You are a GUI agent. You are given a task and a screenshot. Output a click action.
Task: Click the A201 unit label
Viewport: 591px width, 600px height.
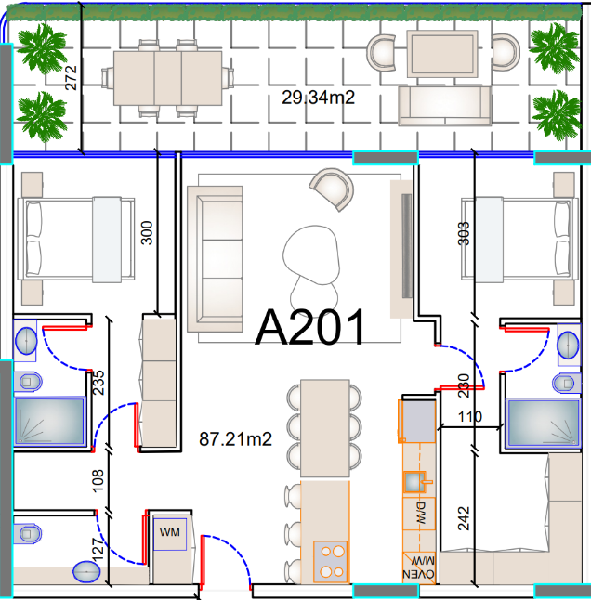click(309, 328)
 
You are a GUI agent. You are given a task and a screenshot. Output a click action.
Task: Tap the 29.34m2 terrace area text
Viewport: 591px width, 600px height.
click(318, 98)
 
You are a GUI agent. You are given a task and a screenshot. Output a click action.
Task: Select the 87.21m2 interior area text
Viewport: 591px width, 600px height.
click(235, 439)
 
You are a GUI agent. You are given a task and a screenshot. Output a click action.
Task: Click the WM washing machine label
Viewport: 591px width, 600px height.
click(169, 532)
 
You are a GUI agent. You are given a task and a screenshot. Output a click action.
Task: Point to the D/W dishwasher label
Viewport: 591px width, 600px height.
click(420, 513)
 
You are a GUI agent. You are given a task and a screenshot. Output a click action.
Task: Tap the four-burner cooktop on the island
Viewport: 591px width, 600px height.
click(330, 561)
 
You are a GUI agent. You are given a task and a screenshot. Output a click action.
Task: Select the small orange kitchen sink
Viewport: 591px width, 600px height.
click(415, 482)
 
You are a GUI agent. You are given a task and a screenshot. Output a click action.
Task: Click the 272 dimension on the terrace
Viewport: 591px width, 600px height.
click(71, 78)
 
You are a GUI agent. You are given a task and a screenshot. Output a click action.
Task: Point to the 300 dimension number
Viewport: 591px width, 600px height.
click(147, 232)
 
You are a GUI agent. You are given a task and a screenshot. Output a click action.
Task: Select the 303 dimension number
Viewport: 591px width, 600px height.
click(463, 233)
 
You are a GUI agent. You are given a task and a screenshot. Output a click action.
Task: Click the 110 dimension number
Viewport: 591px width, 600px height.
click(470, 416)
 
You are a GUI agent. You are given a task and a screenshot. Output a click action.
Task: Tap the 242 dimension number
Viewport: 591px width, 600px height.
click(464, 518)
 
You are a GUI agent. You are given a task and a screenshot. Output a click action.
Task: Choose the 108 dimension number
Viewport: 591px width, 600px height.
click(98, 480)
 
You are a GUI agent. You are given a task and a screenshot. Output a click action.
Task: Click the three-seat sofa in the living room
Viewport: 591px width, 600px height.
click(215, 259)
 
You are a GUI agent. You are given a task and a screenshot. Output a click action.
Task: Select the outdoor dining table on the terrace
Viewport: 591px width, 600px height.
click(167, 78)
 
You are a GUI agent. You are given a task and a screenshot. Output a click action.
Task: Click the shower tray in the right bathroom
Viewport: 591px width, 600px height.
click(543, 424)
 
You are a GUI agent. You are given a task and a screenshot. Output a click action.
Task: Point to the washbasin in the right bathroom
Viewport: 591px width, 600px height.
click(568, 346)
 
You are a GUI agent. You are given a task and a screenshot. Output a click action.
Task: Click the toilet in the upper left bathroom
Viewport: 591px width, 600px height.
click(28, 382)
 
